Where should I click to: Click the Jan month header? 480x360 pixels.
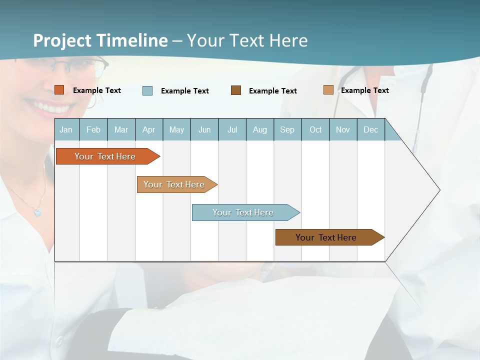[x=66, y=129]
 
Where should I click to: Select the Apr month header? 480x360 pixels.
[x=149, y=129]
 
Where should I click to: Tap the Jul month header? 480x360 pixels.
[x=232, y=129]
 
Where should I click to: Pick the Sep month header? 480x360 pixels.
[x=287, y=129]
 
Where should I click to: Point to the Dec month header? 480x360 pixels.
[x=370, y=129]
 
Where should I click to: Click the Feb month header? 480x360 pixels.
[x=93, y=129]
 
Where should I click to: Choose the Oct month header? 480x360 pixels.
[x=315, y=129]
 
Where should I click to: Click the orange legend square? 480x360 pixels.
[x=59, y=90]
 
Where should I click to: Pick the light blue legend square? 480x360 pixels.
[x=147, y=90]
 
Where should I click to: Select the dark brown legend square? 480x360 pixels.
[x=236, y=90]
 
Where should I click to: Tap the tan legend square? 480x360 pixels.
[x=328, y=90]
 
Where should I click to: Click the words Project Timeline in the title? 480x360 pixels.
[x=100, y=40]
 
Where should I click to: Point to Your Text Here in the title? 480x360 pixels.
[x=247, y=40]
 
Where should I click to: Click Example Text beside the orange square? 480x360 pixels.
[x=97, y=90]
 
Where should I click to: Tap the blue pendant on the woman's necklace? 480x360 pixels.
[x=37, y=212]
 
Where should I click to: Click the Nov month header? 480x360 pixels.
[x=343, y=129]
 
